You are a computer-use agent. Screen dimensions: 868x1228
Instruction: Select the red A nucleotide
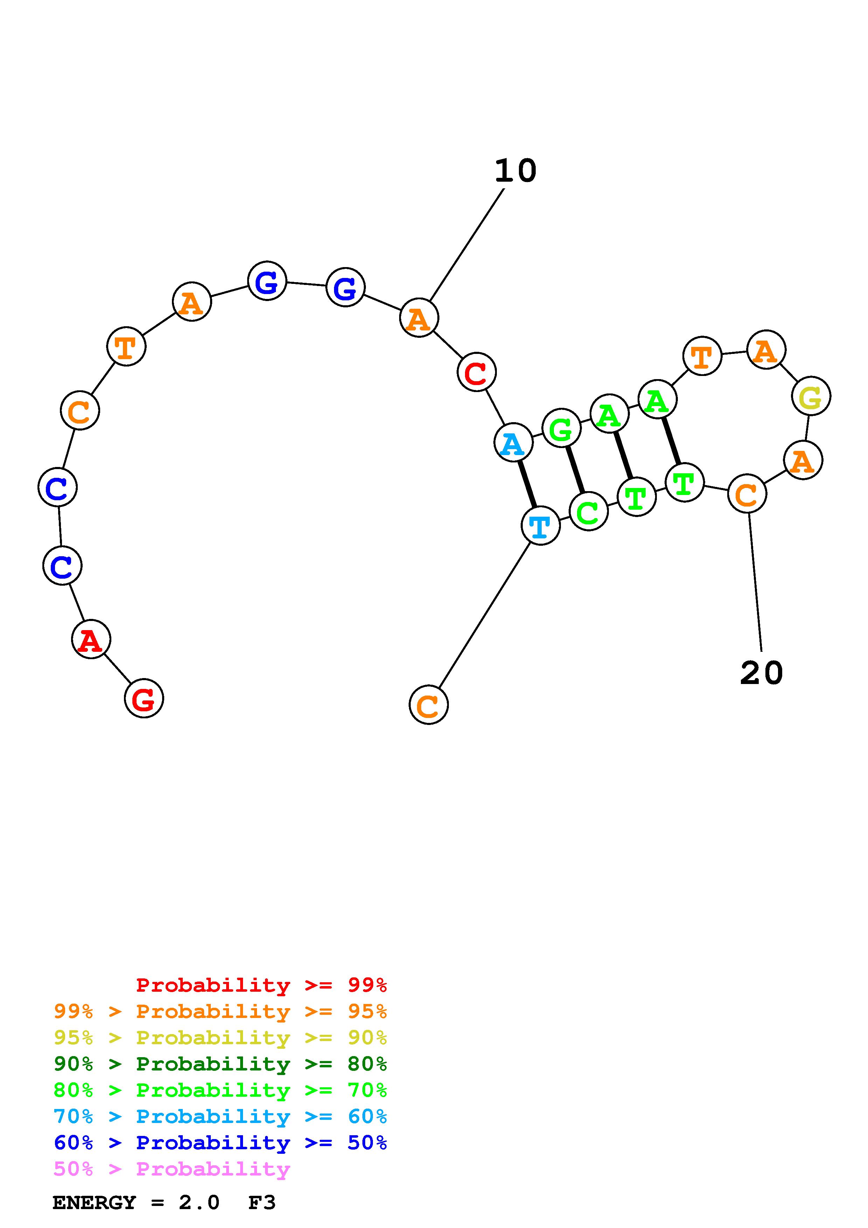tap(91, 639)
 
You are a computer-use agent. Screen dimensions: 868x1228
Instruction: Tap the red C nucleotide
tap(477, 372)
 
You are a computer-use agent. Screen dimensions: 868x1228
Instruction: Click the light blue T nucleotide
tap(540, 526)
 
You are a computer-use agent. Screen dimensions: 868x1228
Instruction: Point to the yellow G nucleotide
tap(811, 396)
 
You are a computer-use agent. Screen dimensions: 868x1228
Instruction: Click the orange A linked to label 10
tap(419, 318)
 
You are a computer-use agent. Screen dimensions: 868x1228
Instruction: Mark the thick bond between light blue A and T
tap(527, 484)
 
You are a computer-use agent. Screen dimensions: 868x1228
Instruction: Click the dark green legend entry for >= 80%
tap(220, 1064)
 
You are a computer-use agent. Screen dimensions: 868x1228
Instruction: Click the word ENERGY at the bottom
tap(94, 1203)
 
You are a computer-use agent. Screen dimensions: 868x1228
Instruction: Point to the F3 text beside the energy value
tap(262, 1203)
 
